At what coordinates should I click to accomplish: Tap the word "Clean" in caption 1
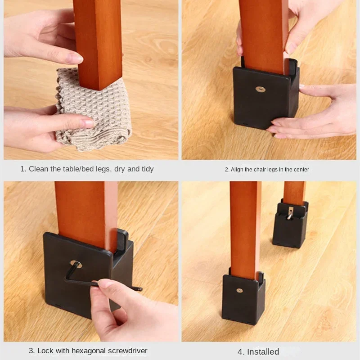(x=39, y=169)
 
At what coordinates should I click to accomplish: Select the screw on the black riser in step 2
(x=260, y=89)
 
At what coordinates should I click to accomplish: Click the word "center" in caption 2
(x=300, y=170)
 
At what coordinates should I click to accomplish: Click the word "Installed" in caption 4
(x=263, y=352)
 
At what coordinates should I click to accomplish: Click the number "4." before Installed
(x=241, y=352)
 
